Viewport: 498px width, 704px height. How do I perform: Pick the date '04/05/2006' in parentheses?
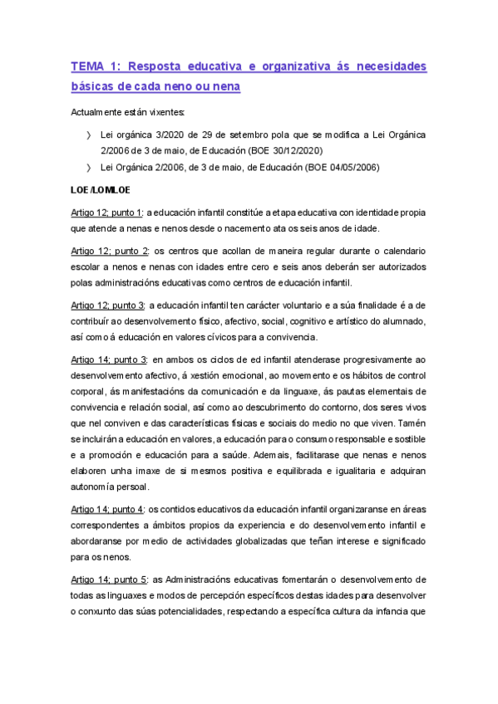tap(353, 166)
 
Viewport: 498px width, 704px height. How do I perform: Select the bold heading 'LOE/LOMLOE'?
tap(95, 190)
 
